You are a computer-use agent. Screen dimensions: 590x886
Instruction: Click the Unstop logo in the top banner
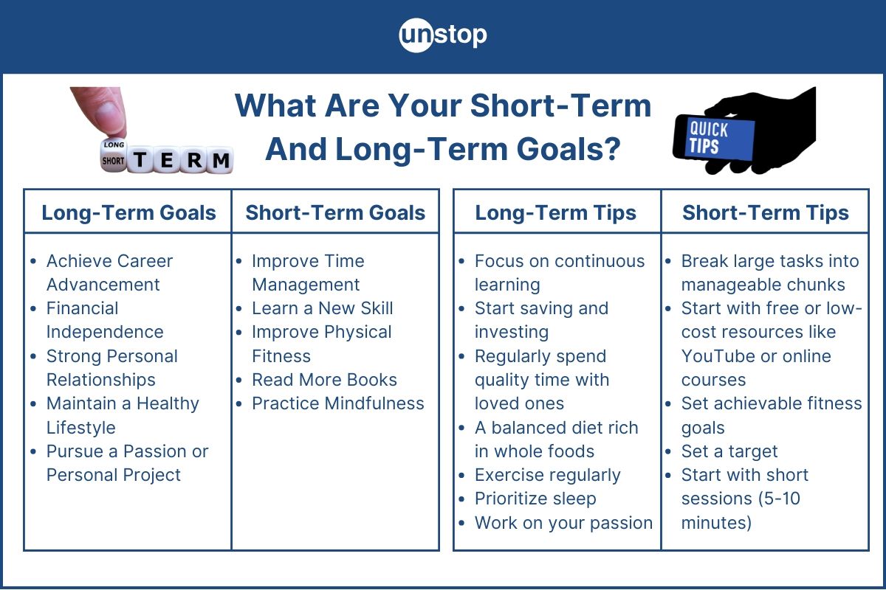(x=443, y=35)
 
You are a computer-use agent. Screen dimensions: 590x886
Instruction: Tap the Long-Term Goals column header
(x=128, y=213)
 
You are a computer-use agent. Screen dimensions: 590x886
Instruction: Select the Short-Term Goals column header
(x=335, y=213)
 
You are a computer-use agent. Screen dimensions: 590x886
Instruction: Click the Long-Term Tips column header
(x=555, y=213)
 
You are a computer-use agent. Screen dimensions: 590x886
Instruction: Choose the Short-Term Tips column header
(x=765, y=213)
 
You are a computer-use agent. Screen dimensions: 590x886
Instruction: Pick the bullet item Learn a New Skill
(x=322, y=308)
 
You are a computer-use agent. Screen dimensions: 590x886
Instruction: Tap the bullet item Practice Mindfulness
(x=337, y=403)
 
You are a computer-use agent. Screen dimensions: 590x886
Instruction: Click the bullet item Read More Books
(x=324, y=380)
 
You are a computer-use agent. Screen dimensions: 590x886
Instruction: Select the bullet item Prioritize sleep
(x=535, y=499)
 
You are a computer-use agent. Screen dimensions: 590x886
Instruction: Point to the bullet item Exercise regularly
(x=547, y=475)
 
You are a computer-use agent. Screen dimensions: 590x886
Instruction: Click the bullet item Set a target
(x=729, y=451)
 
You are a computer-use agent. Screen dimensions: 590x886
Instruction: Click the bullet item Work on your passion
(x=563, y=523)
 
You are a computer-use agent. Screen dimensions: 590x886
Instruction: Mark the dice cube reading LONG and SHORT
(x=114, y=153)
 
